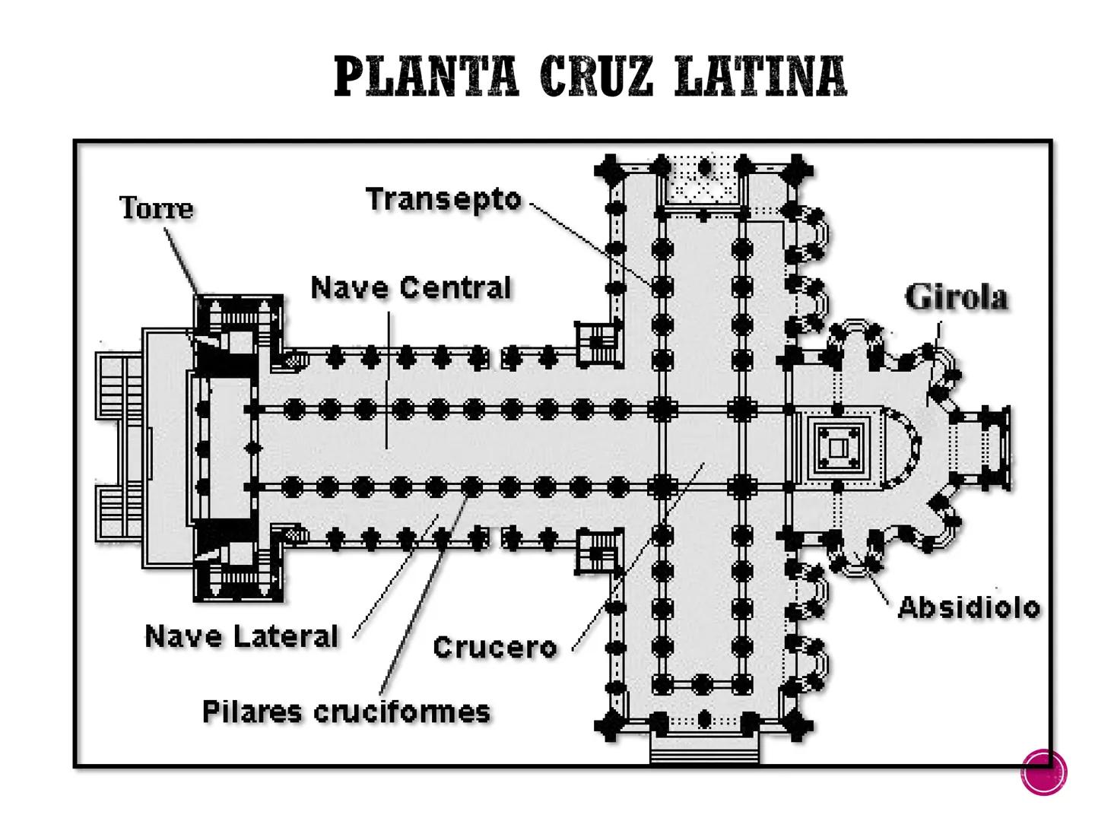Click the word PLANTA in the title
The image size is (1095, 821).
(x=427, y=76)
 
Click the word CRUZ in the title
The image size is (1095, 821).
(x=597, y=76)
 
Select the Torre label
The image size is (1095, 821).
(x=157, y=208)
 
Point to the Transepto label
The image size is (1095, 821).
(x=444, y=199)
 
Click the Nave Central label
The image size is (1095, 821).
(x=411, y=288)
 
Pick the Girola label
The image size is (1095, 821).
(x=957, y=297)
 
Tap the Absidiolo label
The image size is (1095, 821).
(x=969, y=607)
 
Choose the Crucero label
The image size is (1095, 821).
(x=495, y=647)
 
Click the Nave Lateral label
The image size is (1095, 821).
(x=242, y=636)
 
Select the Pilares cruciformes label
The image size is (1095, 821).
(x=346, y=712)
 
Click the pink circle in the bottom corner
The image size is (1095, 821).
(x=1043, y=772)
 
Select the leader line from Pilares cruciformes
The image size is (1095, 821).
(x=426, y=593)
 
